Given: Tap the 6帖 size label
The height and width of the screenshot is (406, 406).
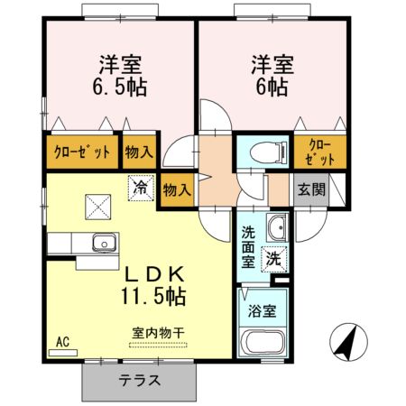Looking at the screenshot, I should pyautogui.click(x=270, y=88).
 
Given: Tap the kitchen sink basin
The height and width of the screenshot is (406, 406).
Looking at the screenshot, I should pyautogui.click(x=102, y=243).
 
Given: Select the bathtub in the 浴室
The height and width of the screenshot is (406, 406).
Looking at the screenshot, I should pyautogui.click(x=264, y=346).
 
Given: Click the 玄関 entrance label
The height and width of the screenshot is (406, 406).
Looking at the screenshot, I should pyautogui.click(x=311, y=189).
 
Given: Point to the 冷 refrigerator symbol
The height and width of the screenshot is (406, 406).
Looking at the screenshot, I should pyautogui.click(x=140, y=188).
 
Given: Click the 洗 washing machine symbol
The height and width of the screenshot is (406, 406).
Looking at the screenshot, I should pyautogui.click(x=272, y=260).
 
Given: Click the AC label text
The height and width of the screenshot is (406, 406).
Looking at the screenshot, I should pyautogui.click(x=62, y=341).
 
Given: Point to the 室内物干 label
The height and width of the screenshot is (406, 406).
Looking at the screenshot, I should pyautogui.click(x=157, y=334).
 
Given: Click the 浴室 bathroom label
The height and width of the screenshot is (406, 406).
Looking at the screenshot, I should pyautogui.click(x=263, y=310).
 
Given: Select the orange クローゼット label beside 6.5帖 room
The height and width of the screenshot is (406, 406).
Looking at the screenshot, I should pyautogui.click(x=82, y=152).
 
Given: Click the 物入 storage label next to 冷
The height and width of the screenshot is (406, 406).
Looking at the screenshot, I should pyautogui.click(x=178, y=189).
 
